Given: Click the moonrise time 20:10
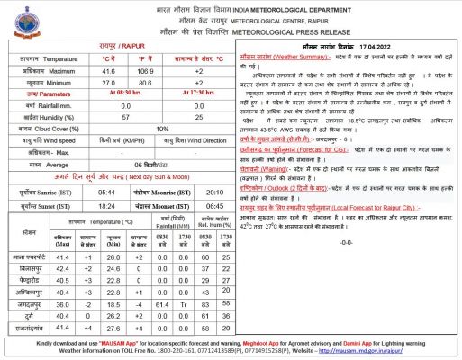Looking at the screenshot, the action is [x=214, y=192].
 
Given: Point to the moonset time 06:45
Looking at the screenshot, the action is [x=214, y=207].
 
